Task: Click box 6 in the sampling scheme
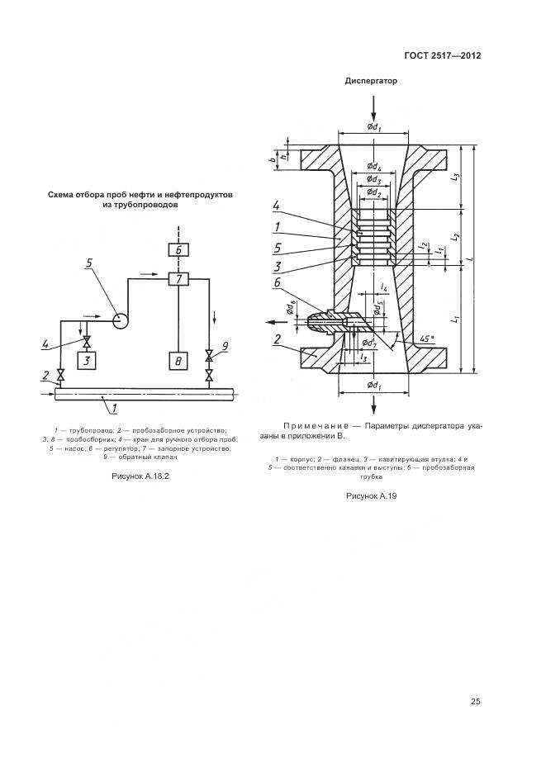(179, 249)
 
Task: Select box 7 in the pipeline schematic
(179, 278)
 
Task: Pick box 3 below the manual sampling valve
(86, 360)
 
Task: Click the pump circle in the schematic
(121, 318)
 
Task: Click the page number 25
(475, 702)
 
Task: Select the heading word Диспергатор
(371, 81)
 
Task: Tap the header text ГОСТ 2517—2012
(442, 56)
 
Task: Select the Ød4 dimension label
(373, 167)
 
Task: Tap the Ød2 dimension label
(373, 192)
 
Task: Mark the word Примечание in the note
(315, 426)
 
